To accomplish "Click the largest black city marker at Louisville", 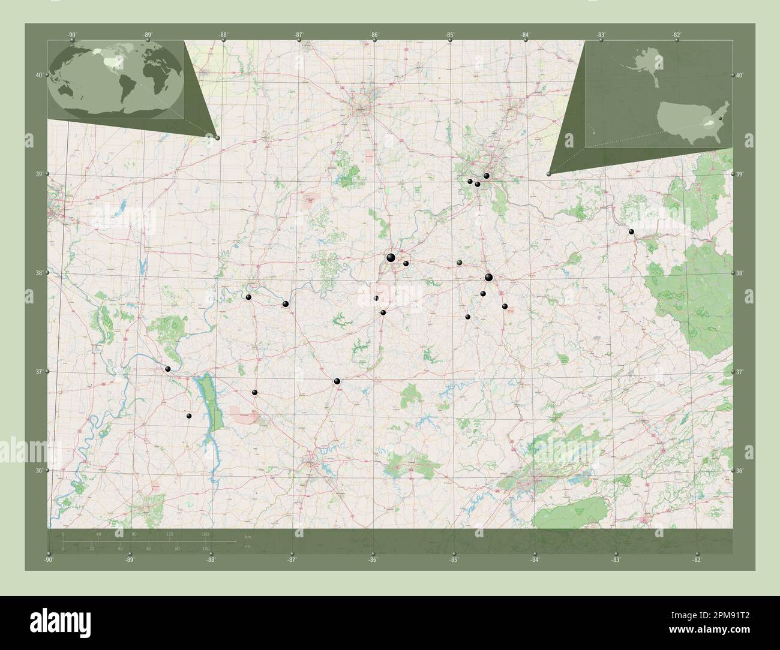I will click(x=391, y=258).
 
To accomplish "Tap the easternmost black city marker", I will click(x=631, y=231).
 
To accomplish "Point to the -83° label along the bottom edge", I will click(x=616, y=560).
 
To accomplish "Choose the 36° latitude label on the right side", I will click(x=740, y=471).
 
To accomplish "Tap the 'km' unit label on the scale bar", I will click(x=248, y=535).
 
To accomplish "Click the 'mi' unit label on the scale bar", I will click(x=248, y=547).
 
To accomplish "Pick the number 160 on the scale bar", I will click(x=205, y=534).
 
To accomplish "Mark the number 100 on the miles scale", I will click(x=206, y=549).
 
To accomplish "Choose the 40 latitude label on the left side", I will click(x=39, y=75).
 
